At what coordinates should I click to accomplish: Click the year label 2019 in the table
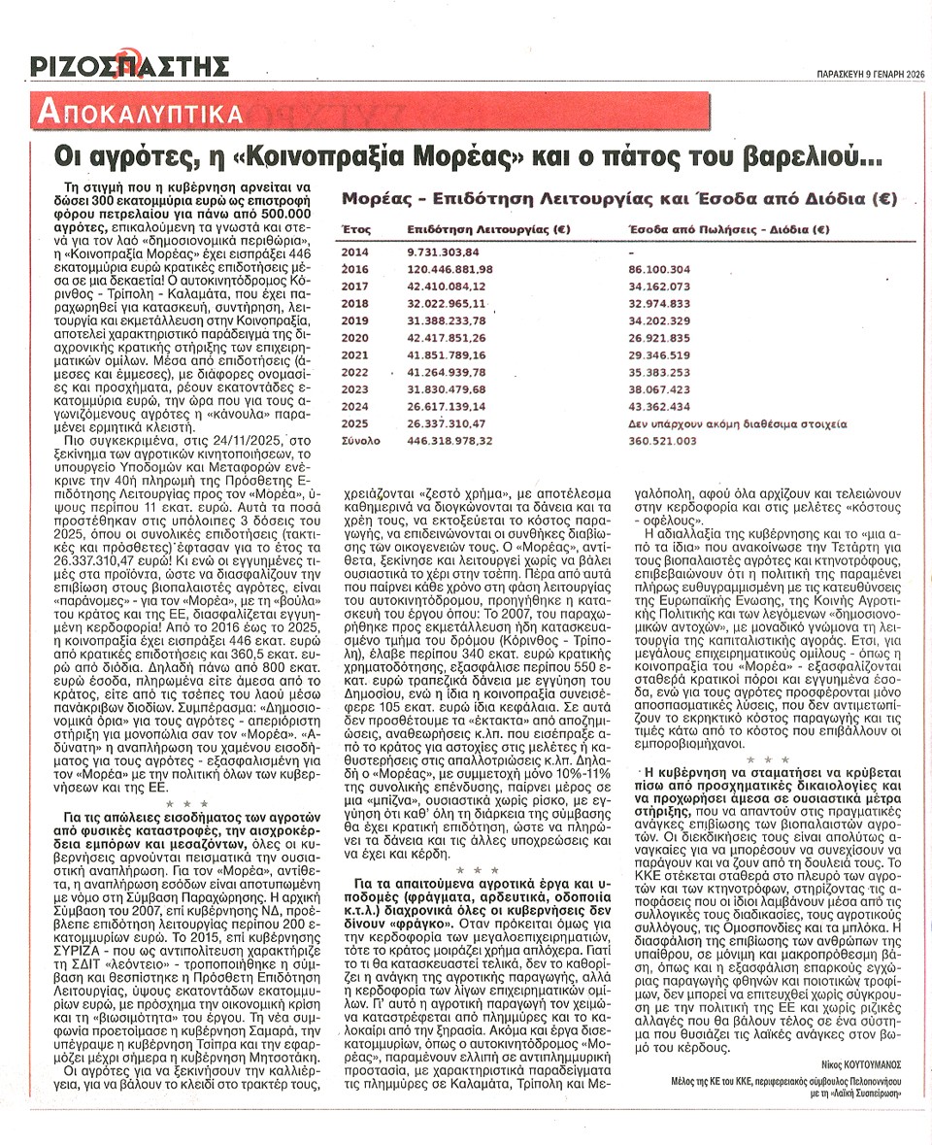355,320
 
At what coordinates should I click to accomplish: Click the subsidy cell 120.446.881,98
450,268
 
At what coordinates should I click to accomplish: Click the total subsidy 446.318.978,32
450,441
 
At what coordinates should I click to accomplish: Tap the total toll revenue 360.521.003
663,441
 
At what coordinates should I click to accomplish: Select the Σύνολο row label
360,441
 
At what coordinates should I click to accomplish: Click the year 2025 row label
355,424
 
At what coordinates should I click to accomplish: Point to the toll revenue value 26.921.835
659,338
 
